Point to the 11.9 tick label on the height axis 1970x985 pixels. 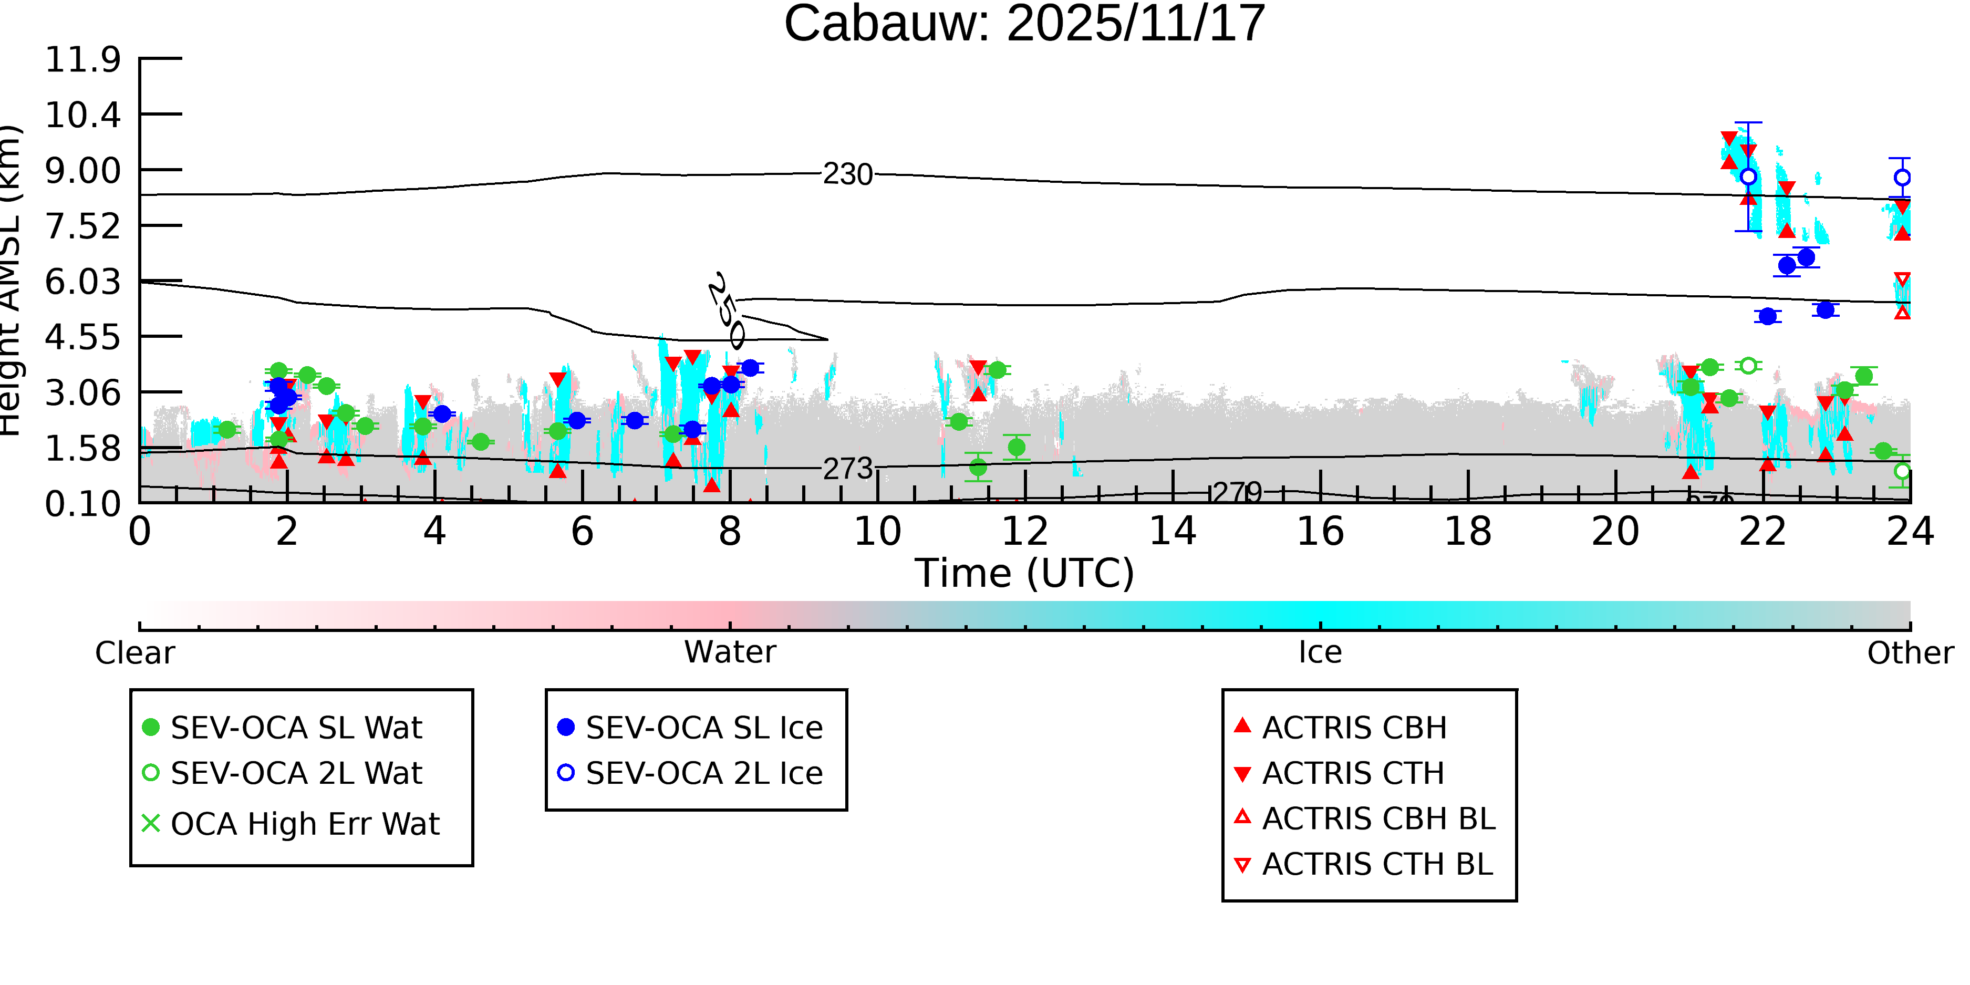[x=82, y=60]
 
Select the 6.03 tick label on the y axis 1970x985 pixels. [x=82, y=282]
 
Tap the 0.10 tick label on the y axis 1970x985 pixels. [x=82, y=504]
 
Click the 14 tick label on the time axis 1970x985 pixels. [x=1173, y=532]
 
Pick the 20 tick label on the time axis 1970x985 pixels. [x=1615, y=532]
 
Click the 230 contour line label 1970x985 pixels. [x=847, y=175]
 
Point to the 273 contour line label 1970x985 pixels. [x=847, y=469]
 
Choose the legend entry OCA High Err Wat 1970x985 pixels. [x=305, y=824]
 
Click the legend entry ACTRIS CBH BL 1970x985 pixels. [x=1378, y=818]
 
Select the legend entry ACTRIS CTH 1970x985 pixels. [x=1353, y=773]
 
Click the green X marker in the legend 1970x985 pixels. [x=151, y=824]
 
